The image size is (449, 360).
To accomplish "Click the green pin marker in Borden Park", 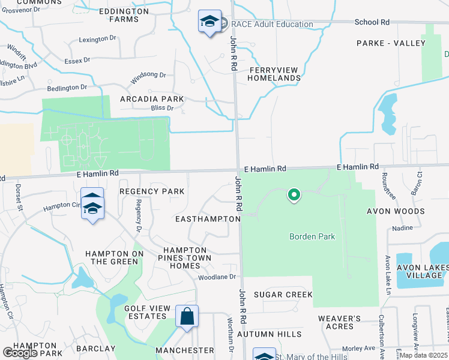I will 294,194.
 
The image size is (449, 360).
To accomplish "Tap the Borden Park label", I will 312,236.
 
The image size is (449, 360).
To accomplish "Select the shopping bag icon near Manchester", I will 187,316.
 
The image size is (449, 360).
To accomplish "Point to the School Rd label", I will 372,22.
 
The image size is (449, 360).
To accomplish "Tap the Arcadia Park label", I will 152,99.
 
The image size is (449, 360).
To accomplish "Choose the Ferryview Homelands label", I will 274,74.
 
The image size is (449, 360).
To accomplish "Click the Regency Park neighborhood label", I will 151,191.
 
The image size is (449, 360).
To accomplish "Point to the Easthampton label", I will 208,219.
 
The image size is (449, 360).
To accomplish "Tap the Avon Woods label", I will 396,211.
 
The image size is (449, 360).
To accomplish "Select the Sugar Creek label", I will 283,295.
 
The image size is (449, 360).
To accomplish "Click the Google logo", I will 20,353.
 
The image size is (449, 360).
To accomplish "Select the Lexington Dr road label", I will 97,39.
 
